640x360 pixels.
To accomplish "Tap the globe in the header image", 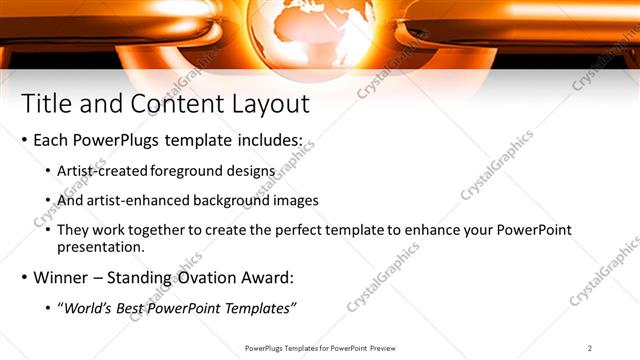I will click(x=319, y=30).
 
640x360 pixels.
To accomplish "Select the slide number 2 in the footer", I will click(x=590, y=347).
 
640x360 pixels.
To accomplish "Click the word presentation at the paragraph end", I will click(x=101, y=245).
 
